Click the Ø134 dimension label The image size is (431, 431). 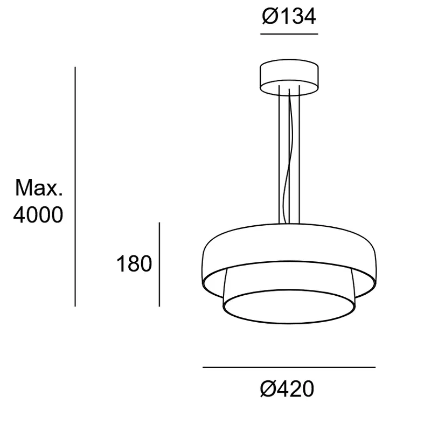click(289, 17)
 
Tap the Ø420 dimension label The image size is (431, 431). click(287, 388)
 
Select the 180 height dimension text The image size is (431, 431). click(134, 264)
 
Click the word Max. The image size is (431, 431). click(39, 187)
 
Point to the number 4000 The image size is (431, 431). click(38, 214)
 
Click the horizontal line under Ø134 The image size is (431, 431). click(289, 34)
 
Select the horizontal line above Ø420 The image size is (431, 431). click(289, 367)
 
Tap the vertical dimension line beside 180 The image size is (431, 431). click(159, 265)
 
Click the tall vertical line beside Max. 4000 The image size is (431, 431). click(75, 186)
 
